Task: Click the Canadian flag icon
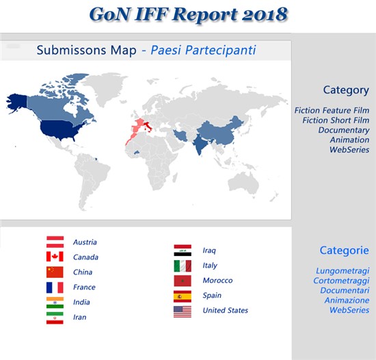coord(55,257)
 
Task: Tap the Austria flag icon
coord(55,242)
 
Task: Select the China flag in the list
coord(55,272)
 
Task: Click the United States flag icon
coord(183,311)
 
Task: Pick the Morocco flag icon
coord(183,281)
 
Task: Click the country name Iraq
coord(209,250)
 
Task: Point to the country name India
coord(81,302)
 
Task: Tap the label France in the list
coord(84,287)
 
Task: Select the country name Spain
coord(212,296)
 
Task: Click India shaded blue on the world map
coord(201,144)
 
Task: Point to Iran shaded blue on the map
coord(180,136)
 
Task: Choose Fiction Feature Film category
coord(332,110)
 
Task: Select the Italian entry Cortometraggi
coord(341,281)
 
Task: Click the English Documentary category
coord(344,130)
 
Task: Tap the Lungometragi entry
coord(343,271)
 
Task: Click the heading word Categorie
coord(344,250)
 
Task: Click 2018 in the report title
coord(265,14)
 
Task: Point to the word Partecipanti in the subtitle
coord(220,50)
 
